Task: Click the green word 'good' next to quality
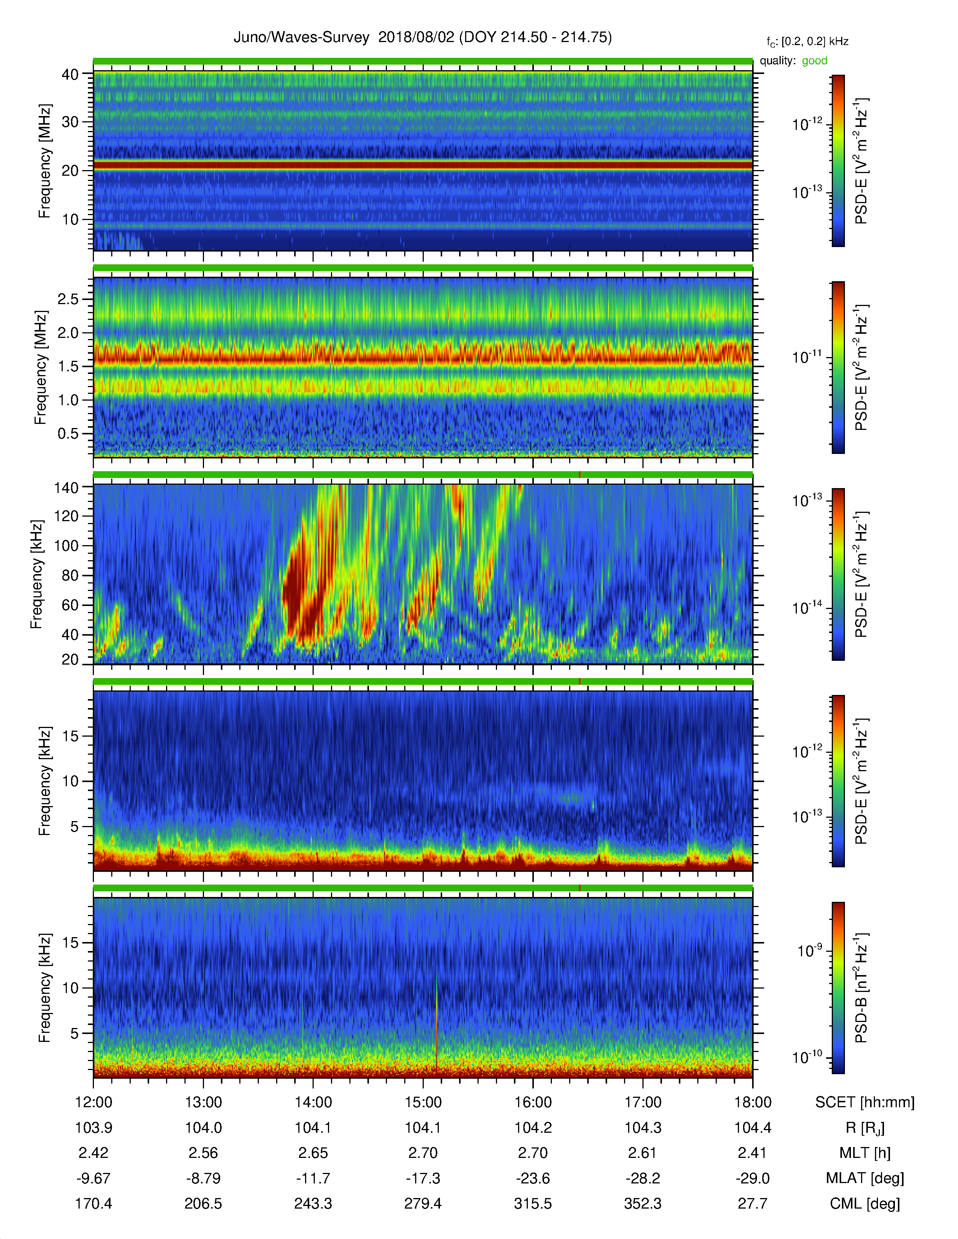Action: (814, 61)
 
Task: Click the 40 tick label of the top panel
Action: (70, 74)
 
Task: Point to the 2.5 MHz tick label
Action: (68, 299)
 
